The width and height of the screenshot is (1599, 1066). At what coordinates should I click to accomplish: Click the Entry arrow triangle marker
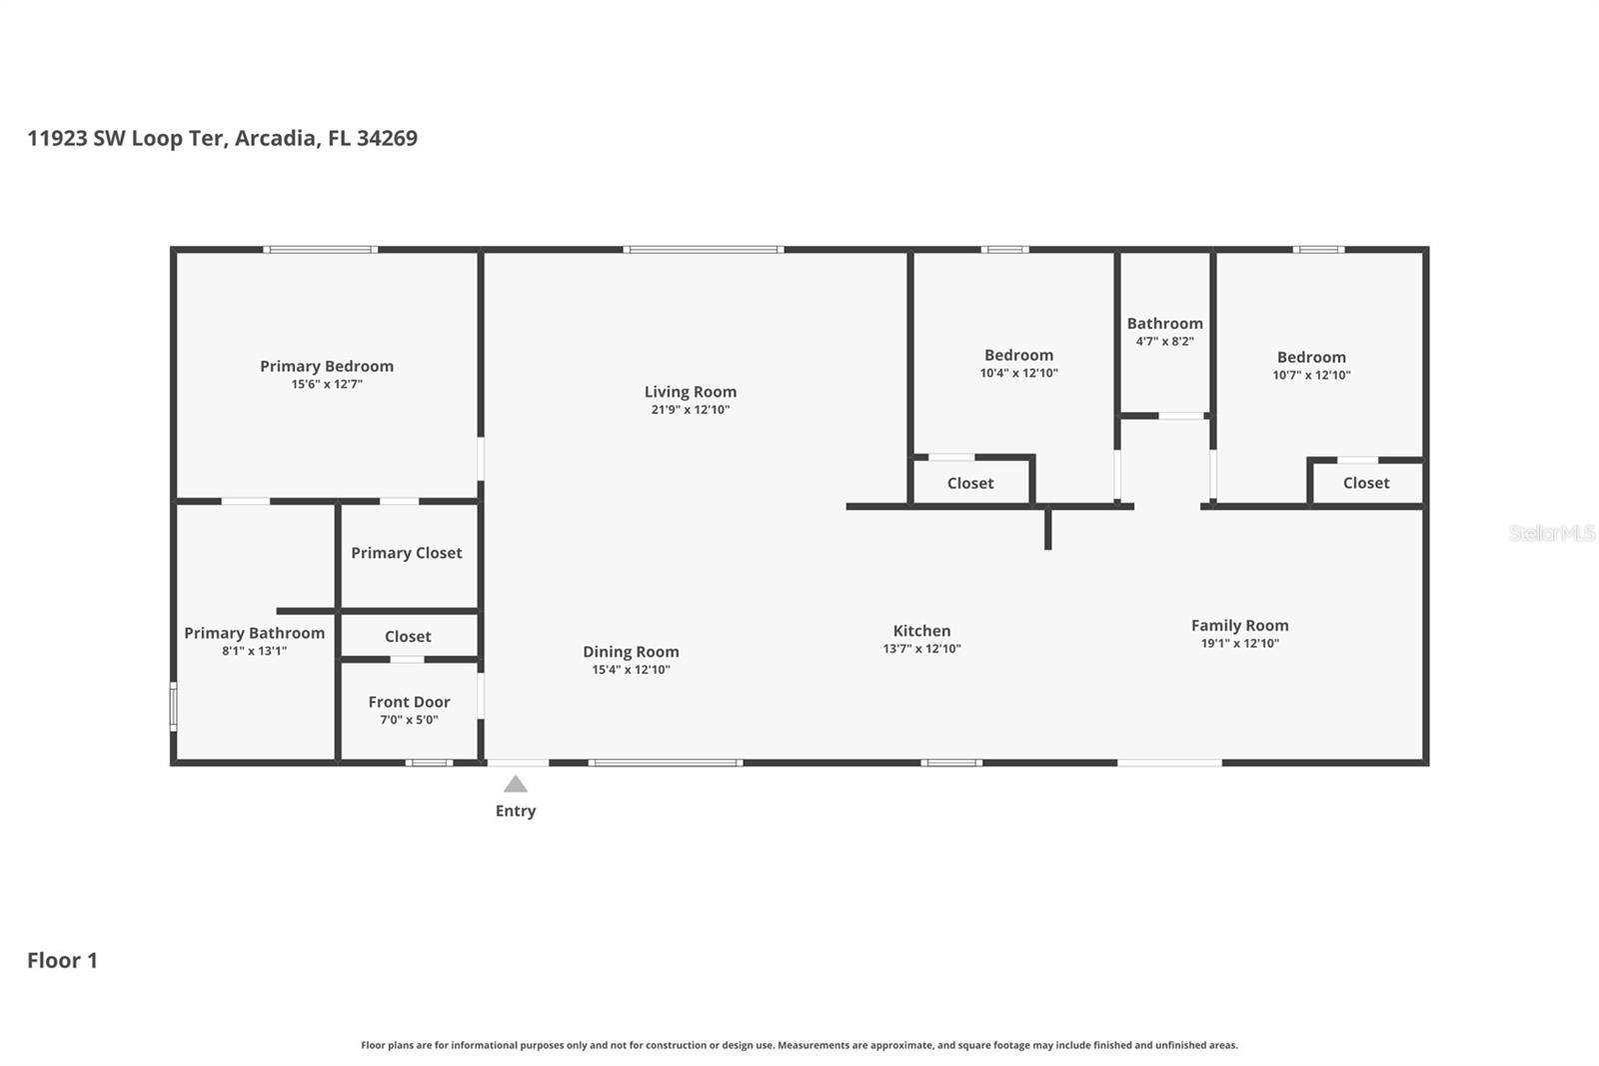(x=515, y=784)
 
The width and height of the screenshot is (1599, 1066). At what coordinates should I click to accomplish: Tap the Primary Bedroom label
(x=327, y=366)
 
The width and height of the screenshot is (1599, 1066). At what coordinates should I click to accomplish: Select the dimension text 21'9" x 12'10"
(x=690, y=410)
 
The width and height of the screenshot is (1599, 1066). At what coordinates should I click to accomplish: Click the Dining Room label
(x=631, y=652)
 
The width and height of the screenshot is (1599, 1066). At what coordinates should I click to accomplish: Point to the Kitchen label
(x=921, y=631)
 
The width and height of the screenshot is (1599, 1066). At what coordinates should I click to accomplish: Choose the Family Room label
(x=1239, y=625)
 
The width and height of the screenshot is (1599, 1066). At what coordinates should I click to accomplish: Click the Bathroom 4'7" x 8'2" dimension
(x=1164, y=342)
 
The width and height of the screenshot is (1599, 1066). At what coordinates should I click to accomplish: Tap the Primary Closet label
(x=406, y=553)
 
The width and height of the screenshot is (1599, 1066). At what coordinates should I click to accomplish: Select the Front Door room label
(x=409, y=702)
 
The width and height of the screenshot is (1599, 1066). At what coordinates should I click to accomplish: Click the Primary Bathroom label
(x=254, y=633)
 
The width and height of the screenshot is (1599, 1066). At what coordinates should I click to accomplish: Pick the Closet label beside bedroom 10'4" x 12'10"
(x=969, y=483)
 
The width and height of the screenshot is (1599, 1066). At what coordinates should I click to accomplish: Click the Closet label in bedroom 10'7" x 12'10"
(x=1365, y=483)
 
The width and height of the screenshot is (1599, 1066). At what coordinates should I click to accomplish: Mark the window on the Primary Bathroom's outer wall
(x=173, y=706)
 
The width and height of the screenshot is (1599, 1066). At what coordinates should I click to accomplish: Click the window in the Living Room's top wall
(x=704, y=249)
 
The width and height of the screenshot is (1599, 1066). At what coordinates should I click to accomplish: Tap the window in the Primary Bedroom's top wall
(x=320, y=249)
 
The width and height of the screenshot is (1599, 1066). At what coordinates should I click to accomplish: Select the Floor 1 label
(x=62, y=960)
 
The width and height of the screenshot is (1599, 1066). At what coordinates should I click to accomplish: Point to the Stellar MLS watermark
(x=1551, y=533)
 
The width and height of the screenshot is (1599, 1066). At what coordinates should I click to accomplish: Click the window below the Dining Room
(x=665, y=763)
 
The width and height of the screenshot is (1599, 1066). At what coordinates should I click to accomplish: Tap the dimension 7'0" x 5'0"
(x=409, y=720)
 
